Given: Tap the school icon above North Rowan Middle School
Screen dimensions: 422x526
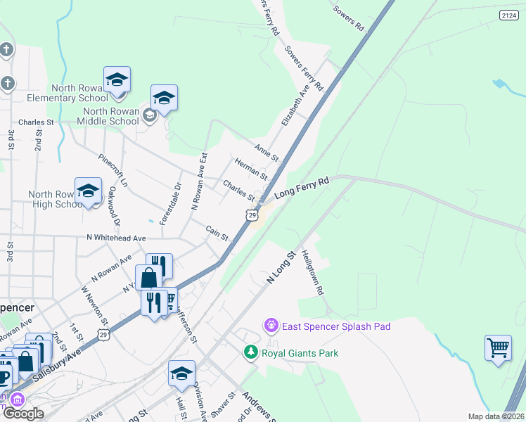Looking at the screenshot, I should pyautogui.click(x=163, y=98).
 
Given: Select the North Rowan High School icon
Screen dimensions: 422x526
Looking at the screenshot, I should pyautogui.click(x=89, y=191).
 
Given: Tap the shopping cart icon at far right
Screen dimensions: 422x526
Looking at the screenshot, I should pyautogui.click(x=498, y=347).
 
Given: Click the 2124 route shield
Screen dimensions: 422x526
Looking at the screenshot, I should pyautogui.click(x=511, y=15).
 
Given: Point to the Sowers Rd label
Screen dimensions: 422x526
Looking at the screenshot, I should pyautogui.click(x=349, y=19).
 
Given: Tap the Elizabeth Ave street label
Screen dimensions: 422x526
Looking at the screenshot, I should pyautogui.click(x=295, y=106).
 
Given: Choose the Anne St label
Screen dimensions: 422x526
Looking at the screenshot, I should pyautogui.click(x=267, y=151).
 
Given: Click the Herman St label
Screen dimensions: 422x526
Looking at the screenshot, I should pyautogui.click(x=251, y=168).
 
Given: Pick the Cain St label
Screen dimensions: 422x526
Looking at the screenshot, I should pyautogui.click(x=217, y=233).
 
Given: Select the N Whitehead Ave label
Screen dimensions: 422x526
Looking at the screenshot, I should pyautogui.click(x=116, y=238).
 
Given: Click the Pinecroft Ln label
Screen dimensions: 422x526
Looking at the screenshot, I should pyautogui.click(x=113, y=170).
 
